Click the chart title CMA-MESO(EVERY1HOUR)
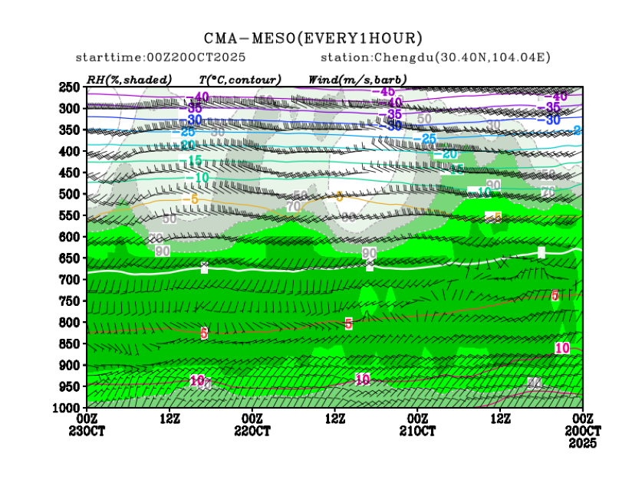click(313, 38)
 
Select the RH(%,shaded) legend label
click(129, 79)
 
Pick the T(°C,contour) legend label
click(239, 79)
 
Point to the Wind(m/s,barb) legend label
click(357, 79)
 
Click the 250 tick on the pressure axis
click(69, 87)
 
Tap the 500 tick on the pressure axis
click(69, 194)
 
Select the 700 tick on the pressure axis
click(69, 279)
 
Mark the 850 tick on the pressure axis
click(69, 343)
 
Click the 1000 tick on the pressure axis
click(67, 407)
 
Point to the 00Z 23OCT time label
click(87, 425)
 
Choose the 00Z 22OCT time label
click(252, 425)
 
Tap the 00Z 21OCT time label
click(417, 425)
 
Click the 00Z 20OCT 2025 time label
click(583, 429)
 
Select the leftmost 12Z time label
click(170, 419)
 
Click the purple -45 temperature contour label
click(383, 92)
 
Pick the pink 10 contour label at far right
click(562, 348)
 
